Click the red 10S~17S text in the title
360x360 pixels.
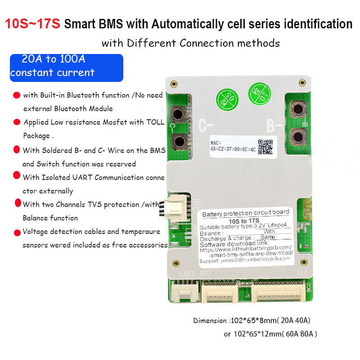point(32,24)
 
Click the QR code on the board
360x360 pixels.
point(265,147)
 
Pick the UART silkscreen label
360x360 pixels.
point(186,274)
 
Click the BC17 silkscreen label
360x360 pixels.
point(206,273)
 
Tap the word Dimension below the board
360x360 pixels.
point(211,321)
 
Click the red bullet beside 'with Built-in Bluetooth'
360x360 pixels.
point(17,95)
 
